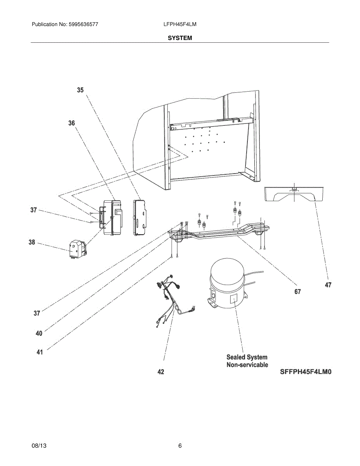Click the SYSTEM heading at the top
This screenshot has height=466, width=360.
click(180, 38)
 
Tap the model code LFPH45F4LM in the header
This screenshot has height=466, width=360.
click(180, 24)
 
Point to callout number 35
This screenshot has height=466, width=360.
click(80, 90)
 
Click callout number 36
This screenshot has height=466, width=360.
click(71, 123)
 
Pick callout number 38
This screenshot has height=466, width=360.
click(31, 242)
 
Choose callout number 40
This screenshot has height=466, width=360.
click(39, 333)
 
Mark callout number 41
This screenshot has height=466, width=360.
click(40, 352)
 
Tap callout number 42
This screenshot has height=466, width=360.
click(161, 372)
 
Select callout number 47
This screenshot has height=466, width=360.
click(328, 285)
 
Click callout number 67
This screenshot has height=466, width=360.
click(297, 292)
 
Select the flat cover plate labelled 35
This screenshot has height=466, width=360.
click(140, 217)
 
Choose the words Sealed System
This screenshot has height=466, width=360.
click(247, 357)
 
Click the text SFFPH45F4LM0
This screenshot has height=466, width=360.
click(306, 372)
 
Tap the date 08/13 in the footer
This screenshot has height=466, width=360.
click(38, 446)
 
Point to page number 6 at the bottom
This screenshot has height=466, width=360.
click(180, 446)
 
